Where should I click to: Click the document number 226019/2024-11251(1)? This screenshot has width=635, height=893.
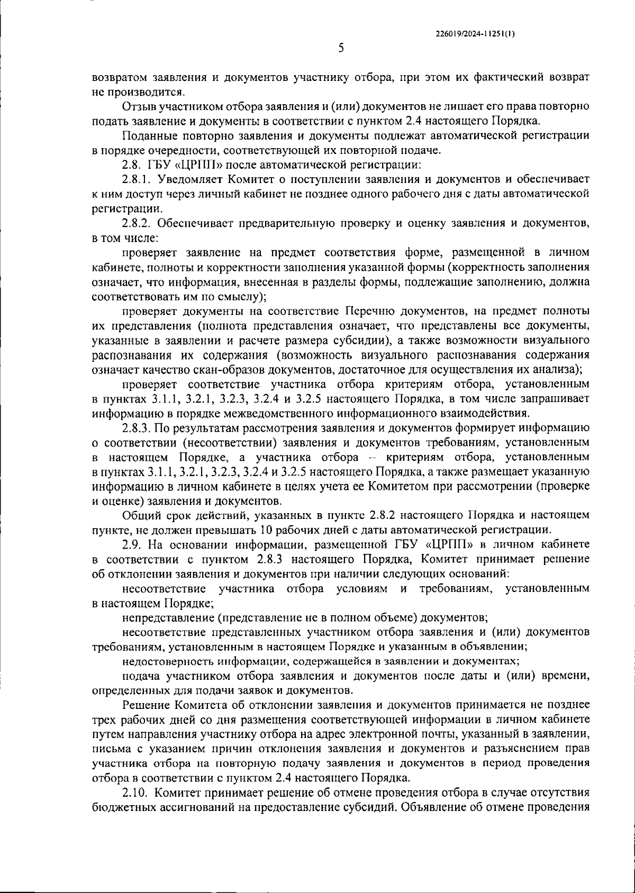click(x=474, y=33)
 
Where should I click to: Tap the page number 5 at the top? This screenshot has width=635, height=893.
click(x=341, y=49)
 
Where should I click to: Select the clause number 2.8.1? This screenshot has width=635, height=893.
click(x=137, y=180)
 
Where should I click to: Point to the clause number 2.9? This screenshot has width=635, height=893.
click(x=132, y=544)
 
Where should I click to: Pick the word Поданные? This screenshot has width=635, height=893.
click(x=146, y=136)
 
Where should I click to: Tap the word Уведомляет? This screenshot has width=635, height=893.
click(x=189, y=180)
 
